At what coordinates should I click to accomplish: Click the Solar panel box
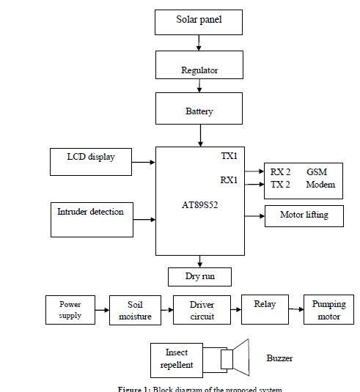pyautogui.click(x=198, y=21)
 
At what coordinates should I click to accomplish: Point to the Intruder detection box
pyautogui.click(x=91, y=218)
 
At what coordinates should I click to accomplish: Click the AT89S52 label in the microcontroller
pyautogui.click(x=199, y=206)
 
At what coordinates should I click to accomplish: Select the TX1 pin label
pyautogui.click(x=229, y=157)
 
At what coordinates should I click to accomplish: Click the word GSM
pyautogui.click(x=317, y=172)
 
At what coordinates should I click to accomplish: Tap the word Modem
pyautogui.click(x=320, y=185)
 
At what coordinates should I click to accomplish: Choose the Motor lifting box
pyautogui.click(x=304, y=215)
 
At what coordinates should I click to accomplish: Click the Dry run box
pyautogui.click(x=199, y=276)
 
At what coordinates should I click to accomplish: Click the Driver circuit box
pyautogui.click(x=202, y=310)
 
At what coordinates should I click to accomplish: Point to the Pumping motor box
pyautogui.click(x=328, y=310)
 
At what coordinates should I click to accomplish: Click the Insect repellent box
pyautogui.click(x=176, y=358)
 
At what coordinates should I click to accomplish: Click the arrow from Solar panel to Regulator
pyautogui.click(x=199, y=43)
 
